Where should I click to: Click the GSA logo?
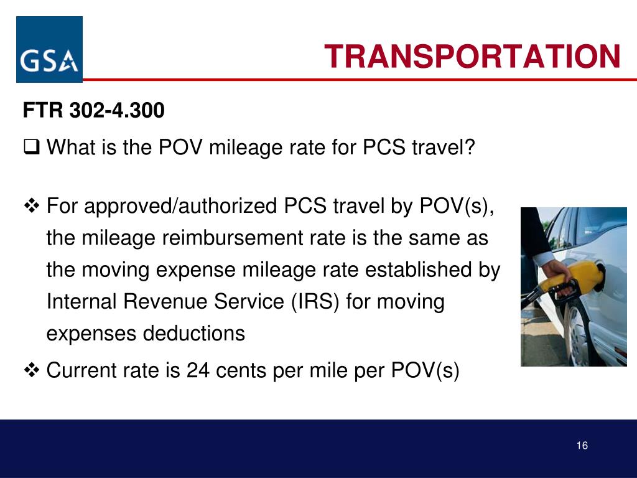pyautogui.click(x=49, y=50)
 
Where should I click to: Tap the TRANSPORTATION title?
pyautogui.click(x=472, y=57)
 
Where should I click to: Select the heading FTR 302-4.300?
pyautogui.click(x=94, y=111)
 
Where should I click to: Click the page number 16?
pyautogui.click(x=582, y=445)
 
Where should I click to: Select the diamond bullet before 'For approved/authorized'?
pyautogui.click(x=31, y=205)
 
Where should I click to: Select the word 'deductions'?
pyautogui.click(x=194, y=334)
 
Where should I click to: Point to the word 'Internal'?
pyautogui.click(x=82, y=302)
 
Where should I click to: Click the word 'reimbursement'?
pyautogui.click(x=206, y=238)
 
